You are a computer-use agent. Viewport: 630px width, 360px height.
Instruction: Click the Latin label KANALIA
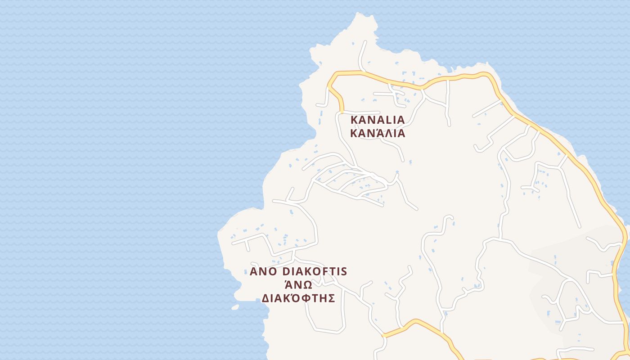378,120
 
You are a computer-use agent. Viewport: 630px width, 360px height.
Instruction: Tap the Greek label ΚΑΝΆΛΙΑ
378,134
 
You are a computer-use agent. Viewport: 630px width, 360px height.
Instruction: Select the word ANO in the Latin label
264,272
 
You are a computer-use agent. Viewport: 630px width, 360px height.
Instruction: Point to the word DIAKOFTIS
315,272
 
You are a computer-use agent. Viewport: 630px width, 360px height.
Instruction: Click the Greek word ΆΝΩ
299,285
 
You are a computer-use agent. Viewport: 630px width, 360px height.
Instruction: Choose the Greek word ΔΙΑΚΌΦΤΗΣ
298,298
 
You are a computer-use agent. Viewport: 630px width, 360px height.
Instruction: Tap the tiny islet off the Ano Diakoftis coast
235,307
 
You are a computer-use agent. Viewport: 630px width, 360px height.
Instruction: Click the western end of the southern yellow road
383,335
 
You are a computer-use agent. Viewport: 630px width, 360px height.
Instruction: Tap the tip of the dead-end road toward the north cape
365,42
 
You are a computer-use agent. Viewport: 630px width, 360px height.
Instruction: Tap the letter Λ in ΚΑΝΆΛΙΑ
387,134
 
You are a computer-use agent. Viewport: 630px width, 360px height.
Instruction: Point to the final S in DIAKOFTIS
344,272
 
